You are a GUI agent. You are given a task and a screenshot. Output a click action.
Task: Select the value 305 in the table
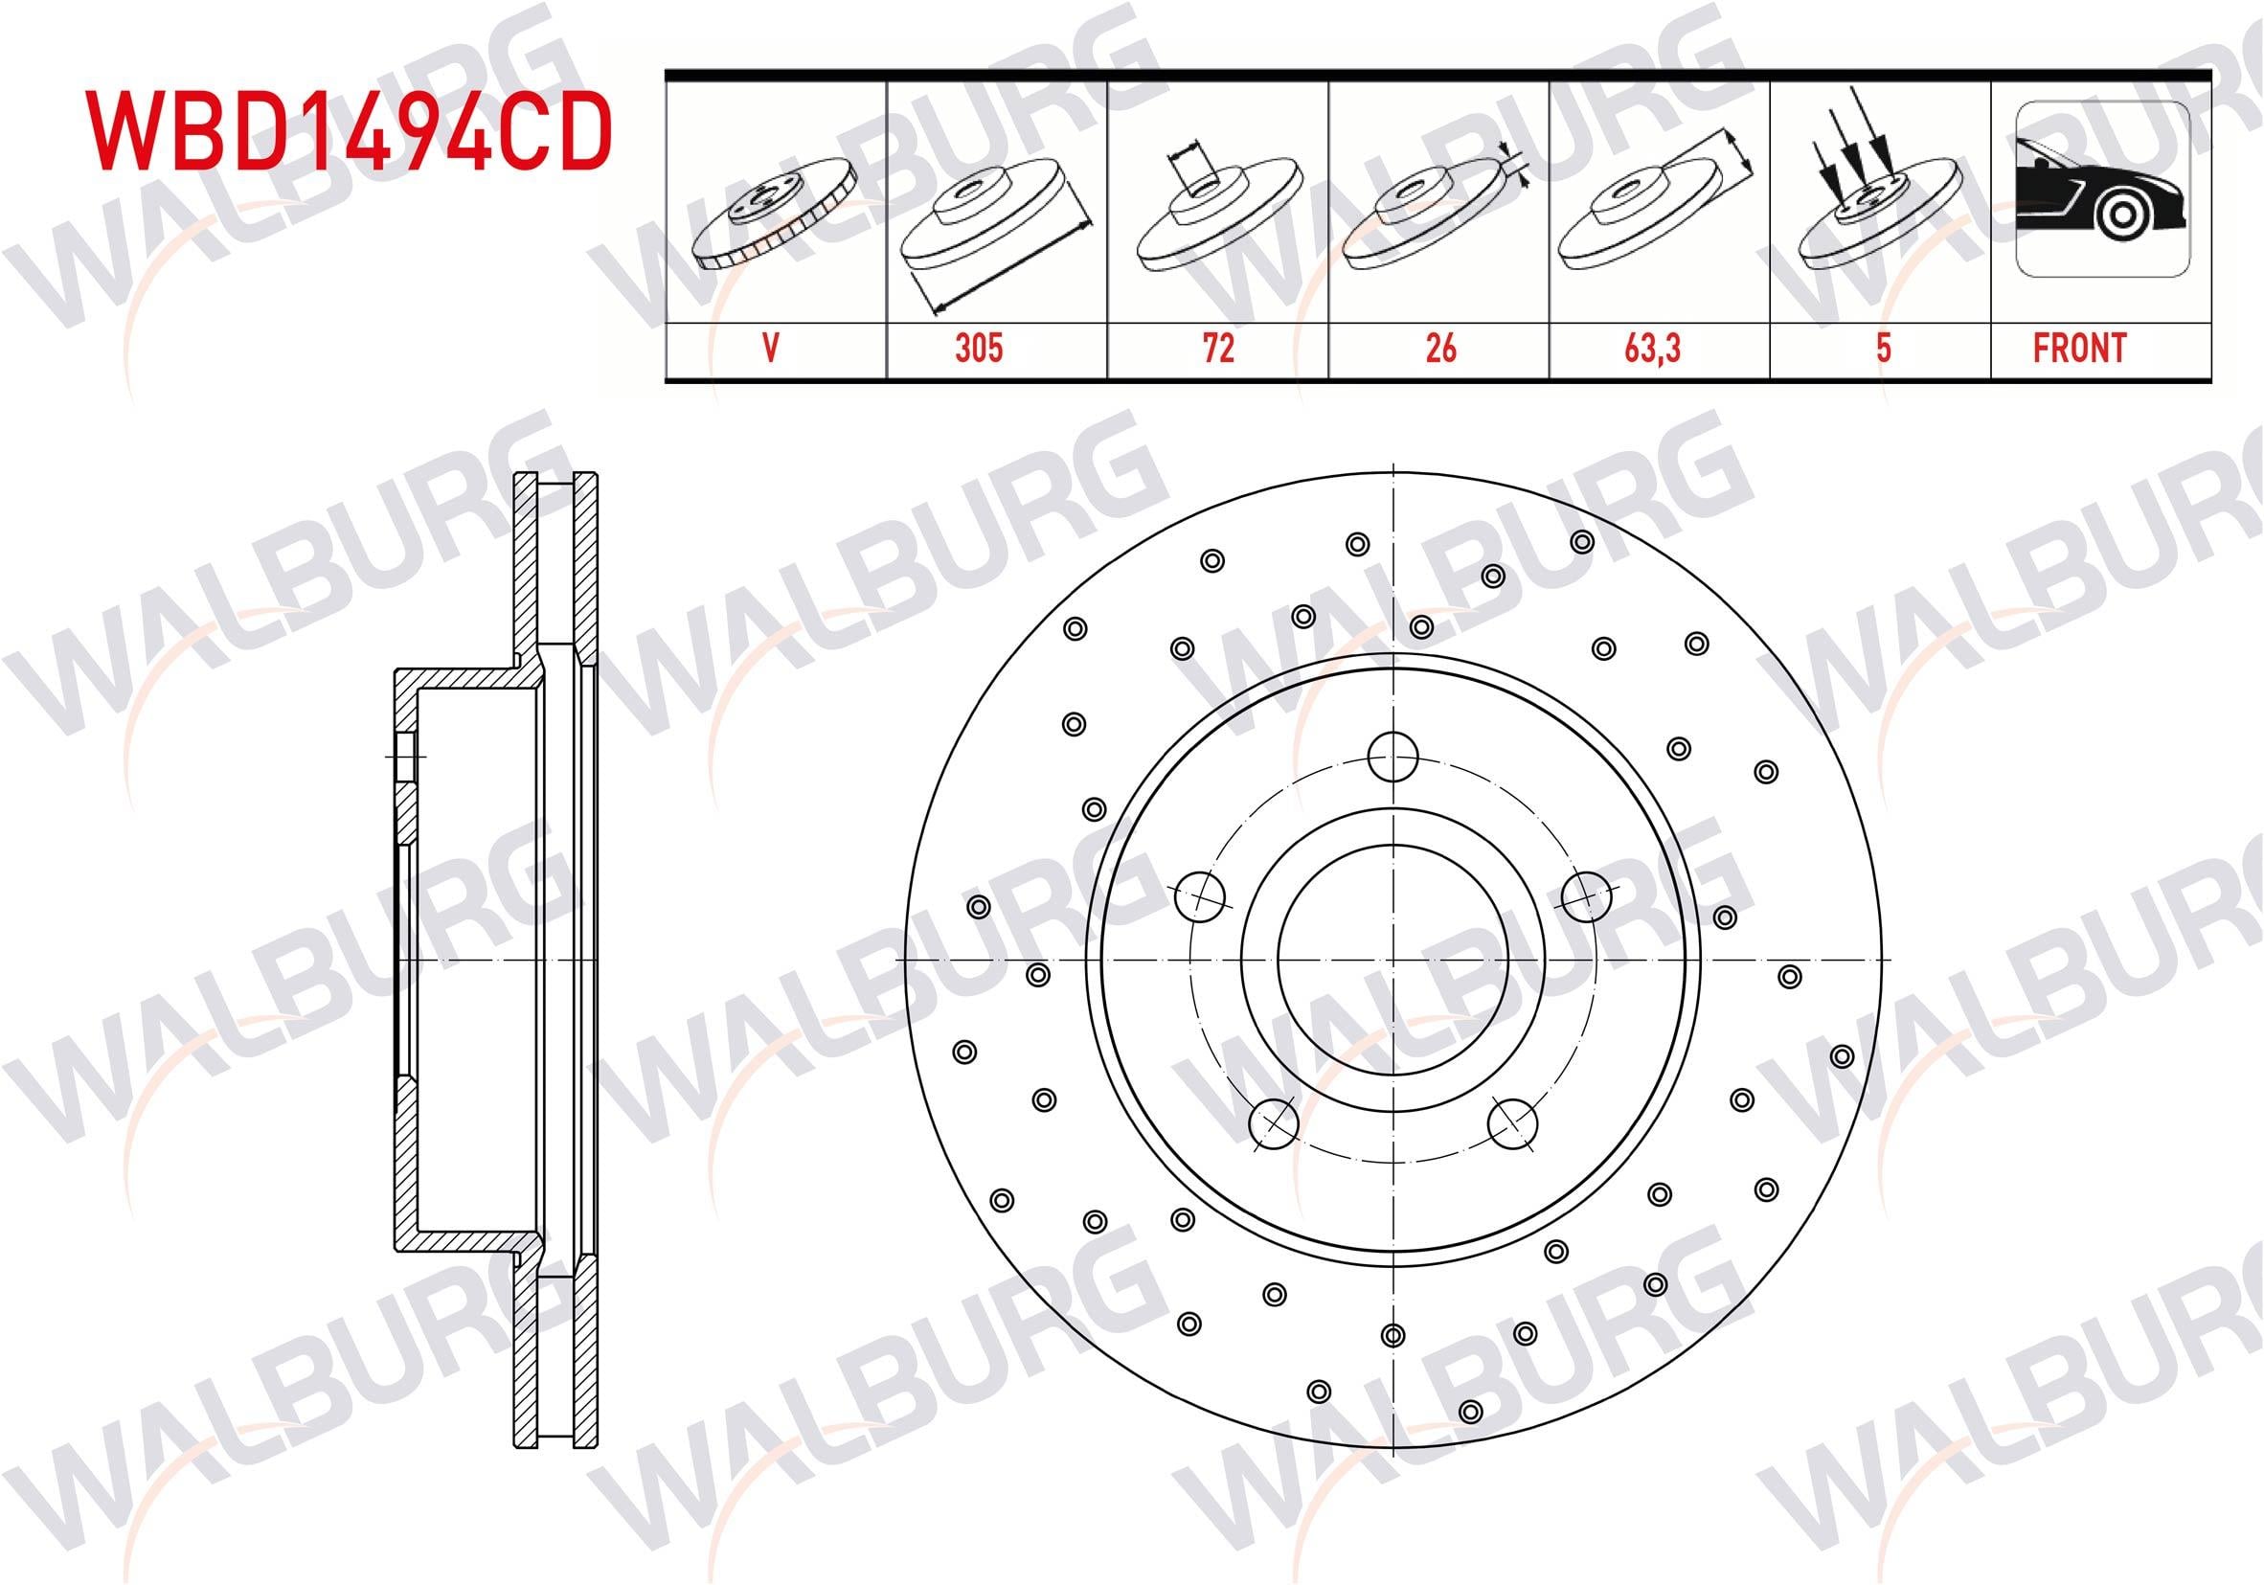[x=978, y=349]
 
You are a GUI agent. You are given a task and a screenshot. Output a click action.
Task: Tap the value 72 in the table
[x=1219, y=349]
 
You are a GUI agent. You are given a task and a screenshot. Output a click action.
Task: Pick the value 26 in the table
[x=1440, y=349]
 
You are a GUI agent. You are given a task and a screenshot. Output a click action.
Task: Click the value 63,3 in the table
[x=1660, y=349]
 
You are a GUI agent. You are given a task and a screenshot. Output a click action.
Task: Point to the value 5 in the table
[x=1883, y=349]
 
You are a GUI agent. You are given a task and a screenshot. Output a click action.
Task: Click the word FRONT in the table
[x=2078, y=349]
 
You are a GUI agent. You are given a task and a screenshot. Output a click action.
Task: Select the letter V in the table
[x=772, y=349]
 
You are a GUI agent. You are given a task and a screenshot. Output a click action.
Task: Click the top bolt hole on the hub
[x=1393, y=758]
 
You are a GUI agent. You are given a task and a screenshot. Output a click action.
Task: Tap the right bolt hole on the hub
[x=1587, y=894]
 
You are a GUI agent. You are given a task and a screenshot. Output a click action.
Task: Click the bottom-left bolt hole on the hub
[x=1273, y=1121]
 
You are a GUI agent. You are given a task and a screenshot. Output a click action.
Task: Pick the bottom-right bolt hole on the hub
[x=1512, y=1123]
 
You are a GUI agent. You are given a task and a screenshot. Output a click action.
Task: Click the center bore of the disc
[x=1392, y=959]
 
